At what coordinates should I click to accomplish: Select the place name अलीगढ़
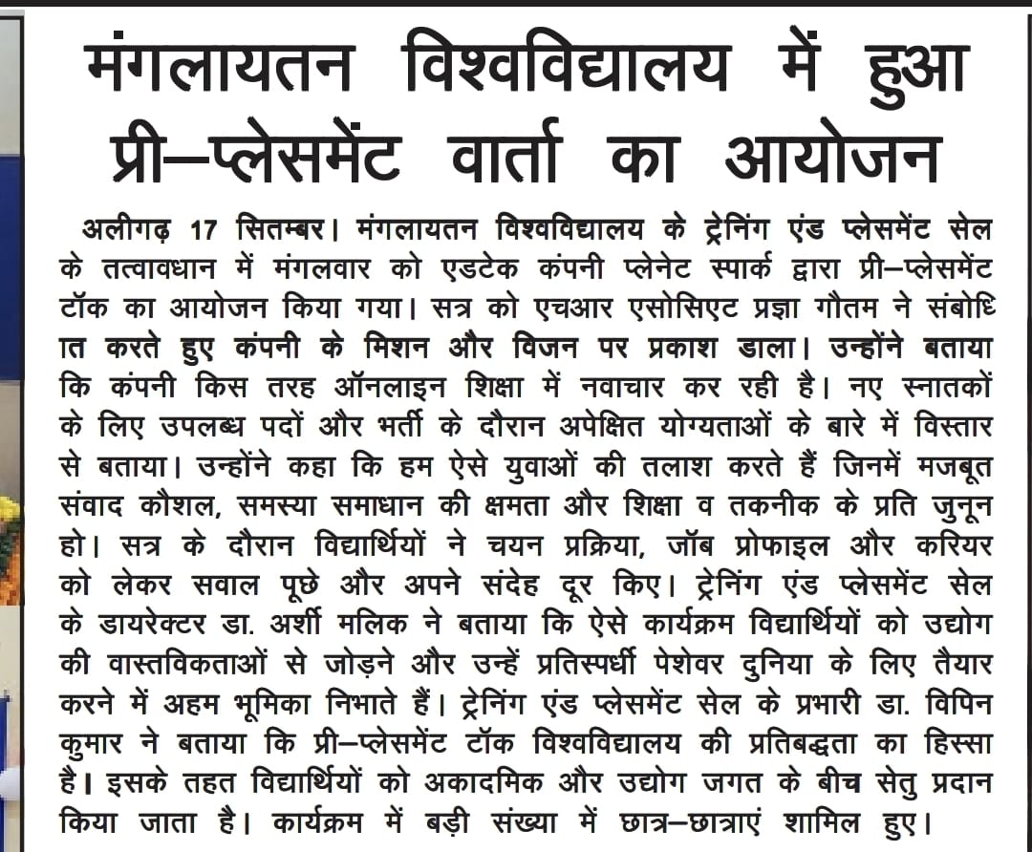pyautogui.click(x=142, y=232)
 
